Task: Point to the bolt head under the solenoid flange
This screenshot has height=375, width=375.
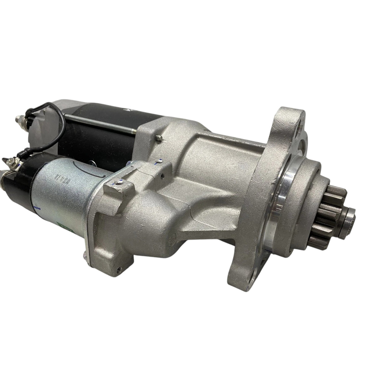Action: point(85,246)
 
